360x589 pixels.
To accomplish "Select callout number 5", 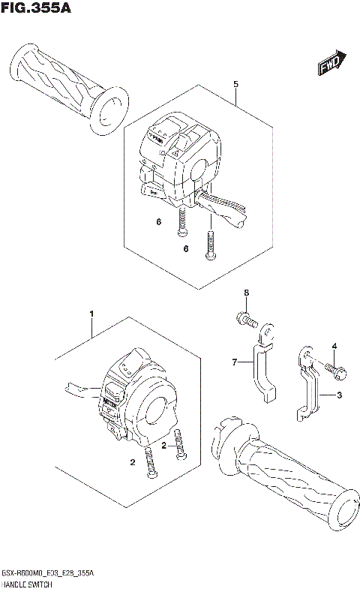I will coord(235,84).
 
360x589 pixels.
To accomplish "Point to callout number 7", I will coord(234,363).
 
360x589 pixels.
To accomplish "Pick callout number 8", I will coord(244,292).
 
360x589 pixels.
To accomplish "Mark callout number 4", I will coord(335,345).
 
